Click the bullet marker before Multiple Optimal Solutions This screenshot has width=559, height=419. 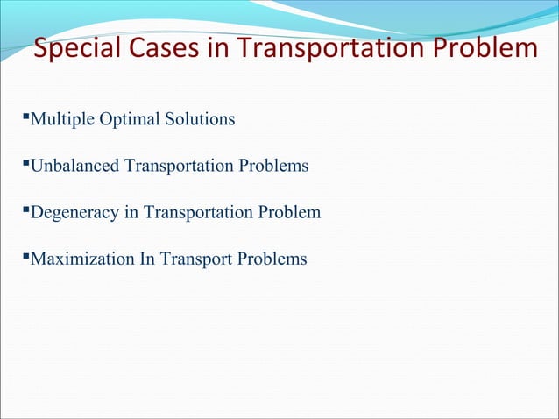click(26, 115)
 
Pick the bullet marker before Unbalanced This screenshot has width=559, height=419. click(26, 162)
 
